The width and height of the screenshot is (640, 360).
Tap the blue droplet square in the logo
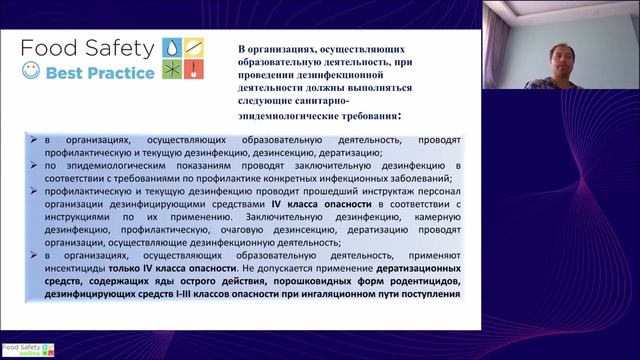(172, 46)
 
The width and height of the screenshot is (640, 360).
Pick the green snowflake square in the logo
(172, 70)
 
